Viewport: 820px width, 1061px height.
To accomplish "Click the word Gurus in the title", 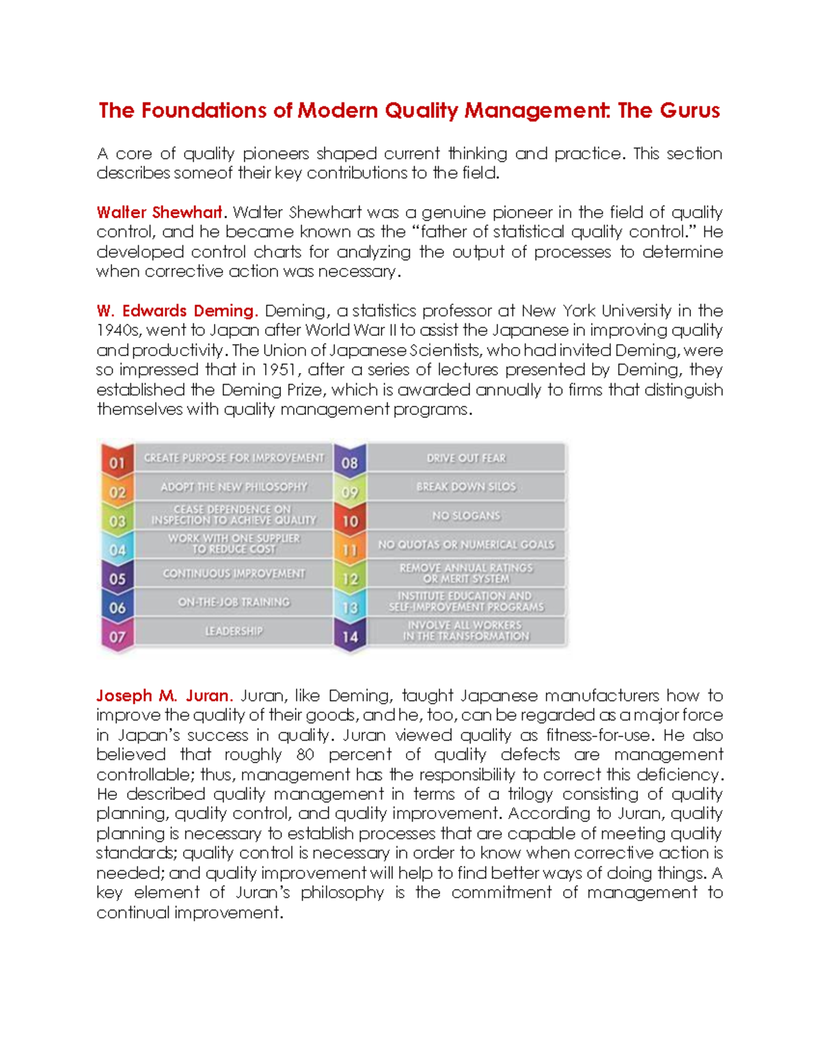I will pyautogui.click(x=689, y=111).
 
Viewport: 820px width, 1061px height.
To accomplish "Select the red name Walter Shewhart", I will pyautogui.click(x=159, y=212).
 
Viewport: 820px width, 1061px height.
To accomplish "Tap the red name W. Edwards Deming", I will pyautogui.click(x=176, y=311).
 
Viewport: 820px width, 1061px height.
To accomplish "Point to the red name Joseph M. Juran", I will pyautogui.click(x=164, y=695).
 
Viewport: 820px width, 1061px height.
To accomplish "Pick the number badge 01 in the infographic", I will pyautogui.click(x=118, y=463).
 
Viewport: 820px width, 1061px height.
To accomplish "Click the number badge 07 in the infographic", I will pyautogui.click(x=118, y=637).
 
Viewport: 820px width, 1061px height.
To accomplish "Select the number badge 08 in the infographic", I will pyautogui.click(x=350, y=463).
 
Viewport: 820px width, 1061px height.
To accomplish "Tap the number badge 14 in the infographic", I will pyautogui.click(x=350, y=637).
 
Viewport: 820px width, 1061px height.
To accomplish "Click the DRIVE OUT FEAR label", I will pyautogui.click(x=466, y=458).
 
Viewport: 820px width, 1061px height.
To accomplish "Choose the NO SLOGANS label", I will pyautogui.click(x=466, y=516).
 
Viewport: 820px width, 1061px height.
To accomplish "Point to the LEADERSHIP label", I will pyautogui.click(x=234, y=631).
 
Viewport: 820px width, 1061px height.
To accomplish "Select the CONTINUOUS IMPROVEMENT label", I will pyautogui.click(x=234, y=573).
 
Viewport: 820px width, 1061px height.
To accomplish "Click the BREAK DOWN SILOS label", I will pyautogui.click(x=466, y=486).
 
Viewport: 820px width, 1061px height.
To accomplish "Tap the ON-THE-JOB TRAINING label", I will pyautogui.click(x=234, y=602).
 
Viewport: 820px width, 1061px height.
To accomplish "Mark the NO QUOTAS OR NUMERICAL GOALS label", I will pyautogui.click(x=466, y=545).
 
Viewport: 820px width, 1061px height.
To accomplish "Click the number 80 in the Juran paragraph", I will pyautogui.click(x=305, y=755).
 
